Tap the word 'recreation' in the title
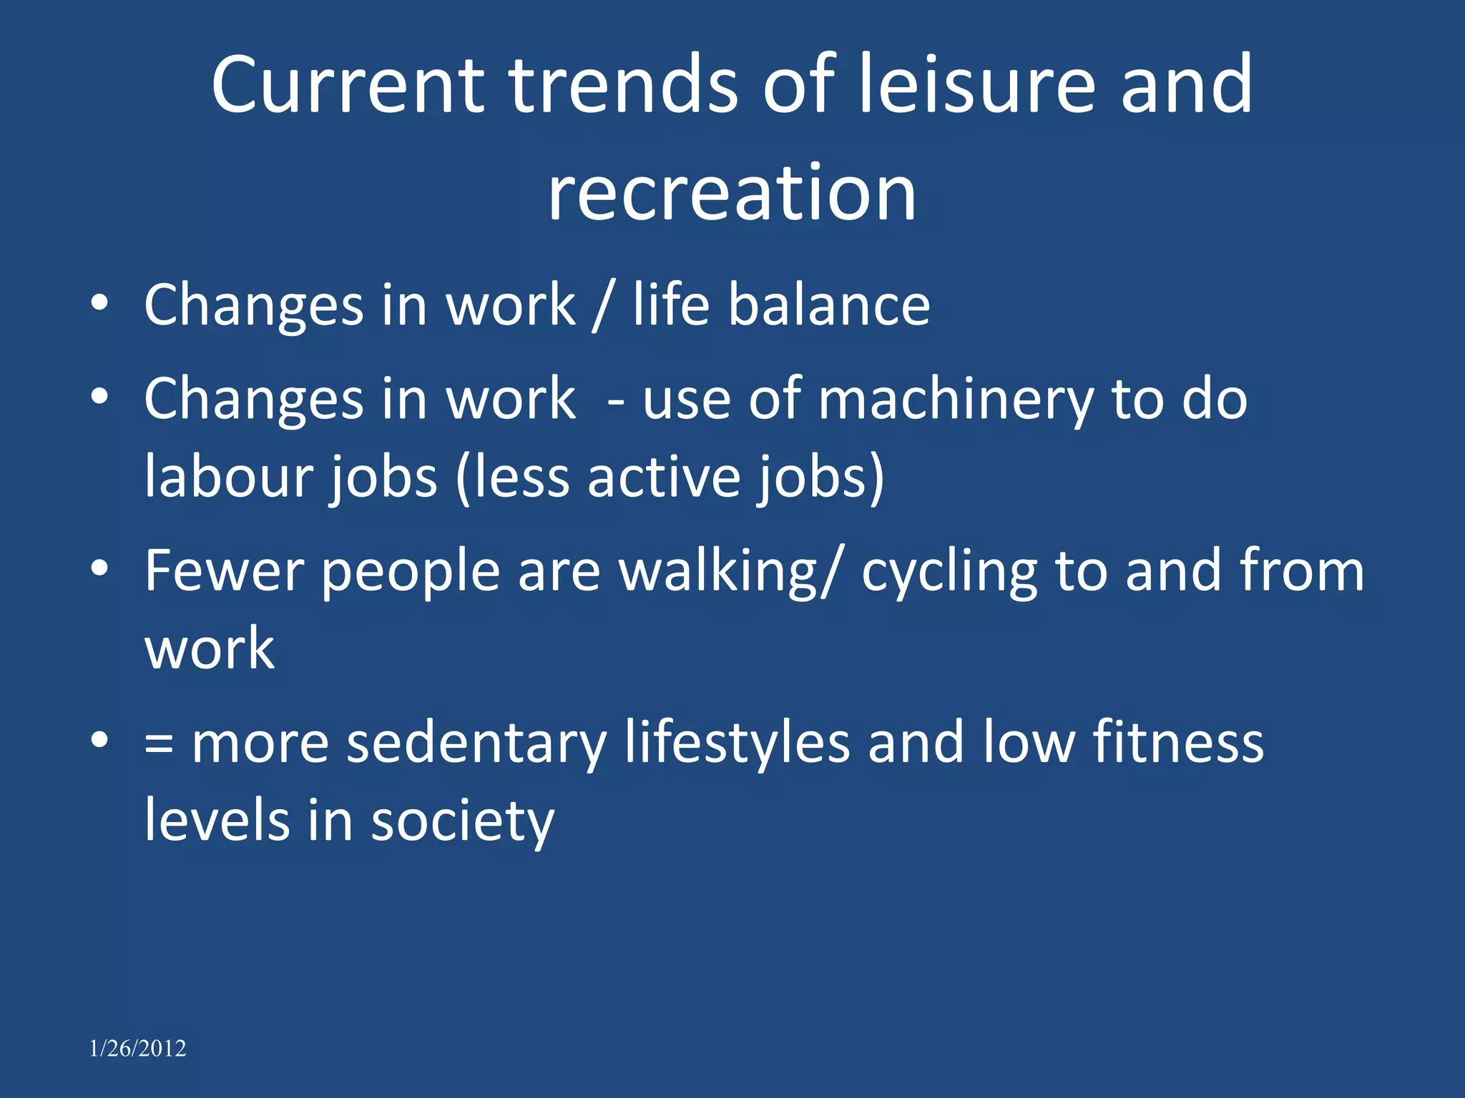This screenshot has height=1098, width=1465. pyautogui.click(x=732, y=193)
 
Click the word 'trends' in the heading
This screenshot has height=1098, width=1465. pyautogui.click(x=622, y=86)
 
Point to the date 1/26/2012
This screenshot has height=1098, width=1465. pyautogui.click(x=137, y=1048)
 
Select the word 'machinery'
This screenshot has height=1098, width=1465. pyautogui.click(x=955, y=400)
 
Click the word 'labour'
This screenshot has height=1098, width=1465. pyautogui.click(x=227, y=477)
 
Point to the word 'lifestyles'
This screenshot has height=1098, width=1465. pyautogui.click(x=737, y=743)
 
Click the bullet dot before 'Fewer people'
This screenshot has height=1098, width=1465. pyautogui.click(x=100, y=568)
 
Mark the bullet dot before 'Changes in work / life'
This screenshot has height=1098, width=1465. pyautogui.click(x=100, y=303)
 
